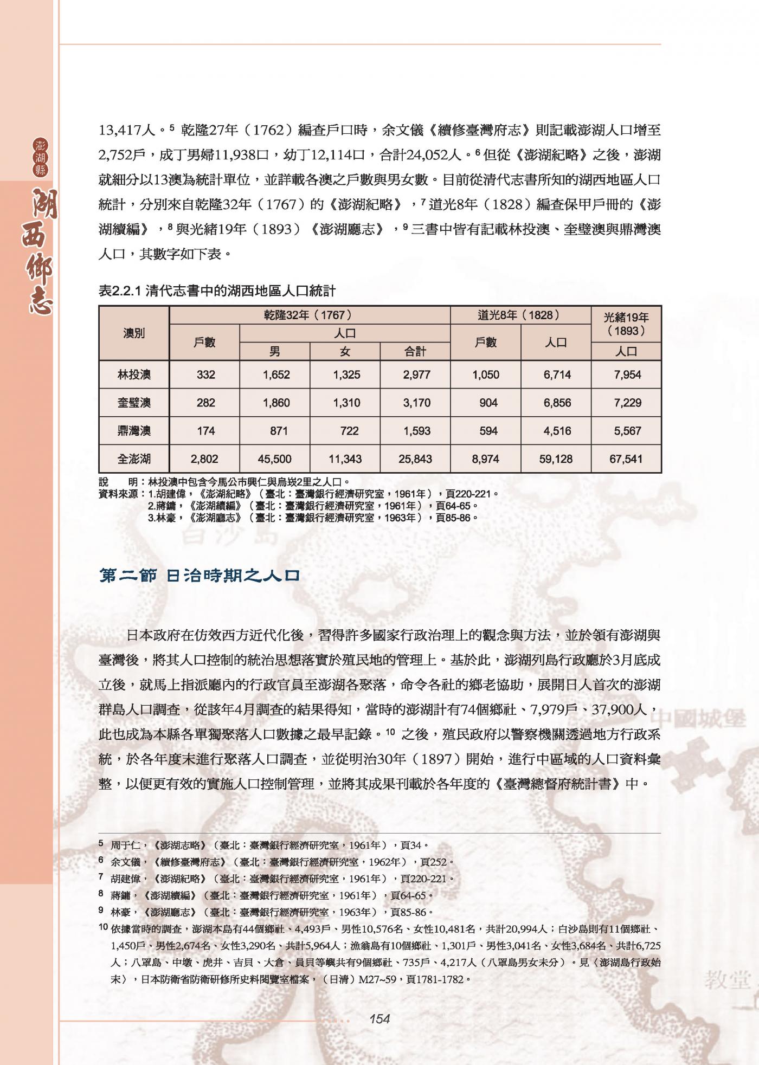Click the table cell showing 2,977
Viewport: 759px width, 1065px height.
[x=416, y=375]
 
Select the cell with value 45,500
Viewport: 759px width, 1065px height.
[x=275, y=459]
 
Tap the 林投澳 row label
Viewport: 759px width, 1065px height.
[x=134, y=375]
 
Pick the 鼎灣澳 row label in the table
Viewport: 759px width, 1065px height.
[x=134, y=431]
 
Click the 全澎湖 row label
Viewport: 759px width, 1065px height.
[x=134, y=459]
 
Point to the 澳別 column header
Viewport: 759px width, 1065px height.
[x=134, y=333]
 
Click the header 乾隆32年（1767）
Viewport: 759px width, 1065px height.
[x=310, y=315]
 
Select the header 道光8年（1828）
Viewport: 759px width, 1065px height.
[x=520, y=315]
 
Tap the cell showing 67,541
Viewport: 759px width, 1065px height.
[x=626, y=459]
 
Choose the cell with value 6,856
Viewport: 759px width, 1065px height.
[x=556, y=403]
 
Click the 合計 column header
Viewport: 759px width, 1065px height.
[x=415, y=351]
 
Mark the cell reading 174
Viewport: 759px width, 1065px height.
[x=206, y=431]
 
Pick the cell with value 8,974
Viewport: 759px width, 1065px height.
[x=486, y=459]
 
